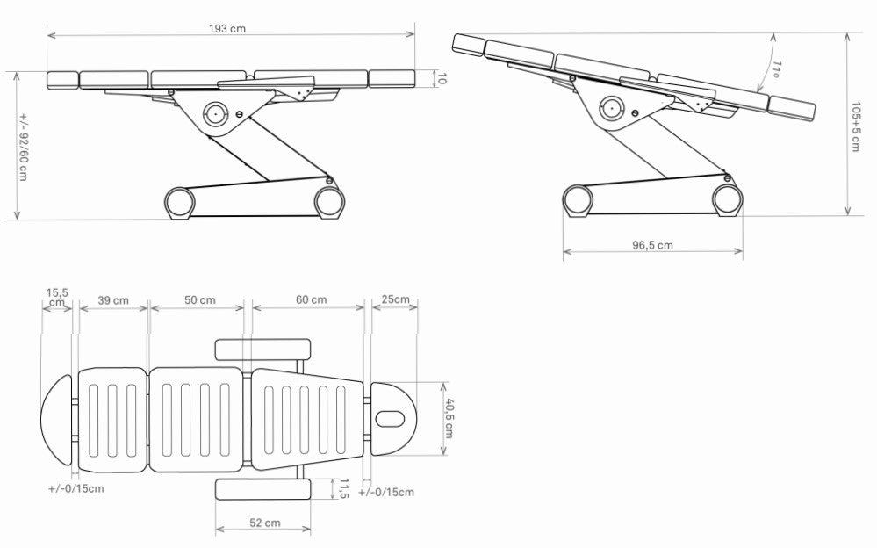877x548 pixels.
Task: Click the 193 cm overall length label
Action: click(x=227, y=29)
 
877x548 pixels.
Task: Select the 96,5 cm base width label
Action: click(x=653, y=245)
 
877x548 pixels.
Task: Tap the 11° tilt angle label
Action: click(x=776, y=68)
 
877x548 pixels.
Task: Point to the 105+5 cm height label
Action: click(x=855, y=126)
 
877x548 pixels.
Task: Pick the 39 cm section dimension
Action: click(x=113, y=300)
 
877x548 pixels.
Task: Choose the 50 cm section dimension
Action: click(x=200, y=300)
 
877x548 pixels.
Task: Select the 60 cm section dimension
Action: click(x=312, y=300)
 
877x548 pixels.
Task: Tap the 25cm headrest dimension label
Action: click(x=395, y=299)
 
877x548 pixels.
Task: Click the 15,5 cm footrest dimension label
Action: click(x=57, y=297)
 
